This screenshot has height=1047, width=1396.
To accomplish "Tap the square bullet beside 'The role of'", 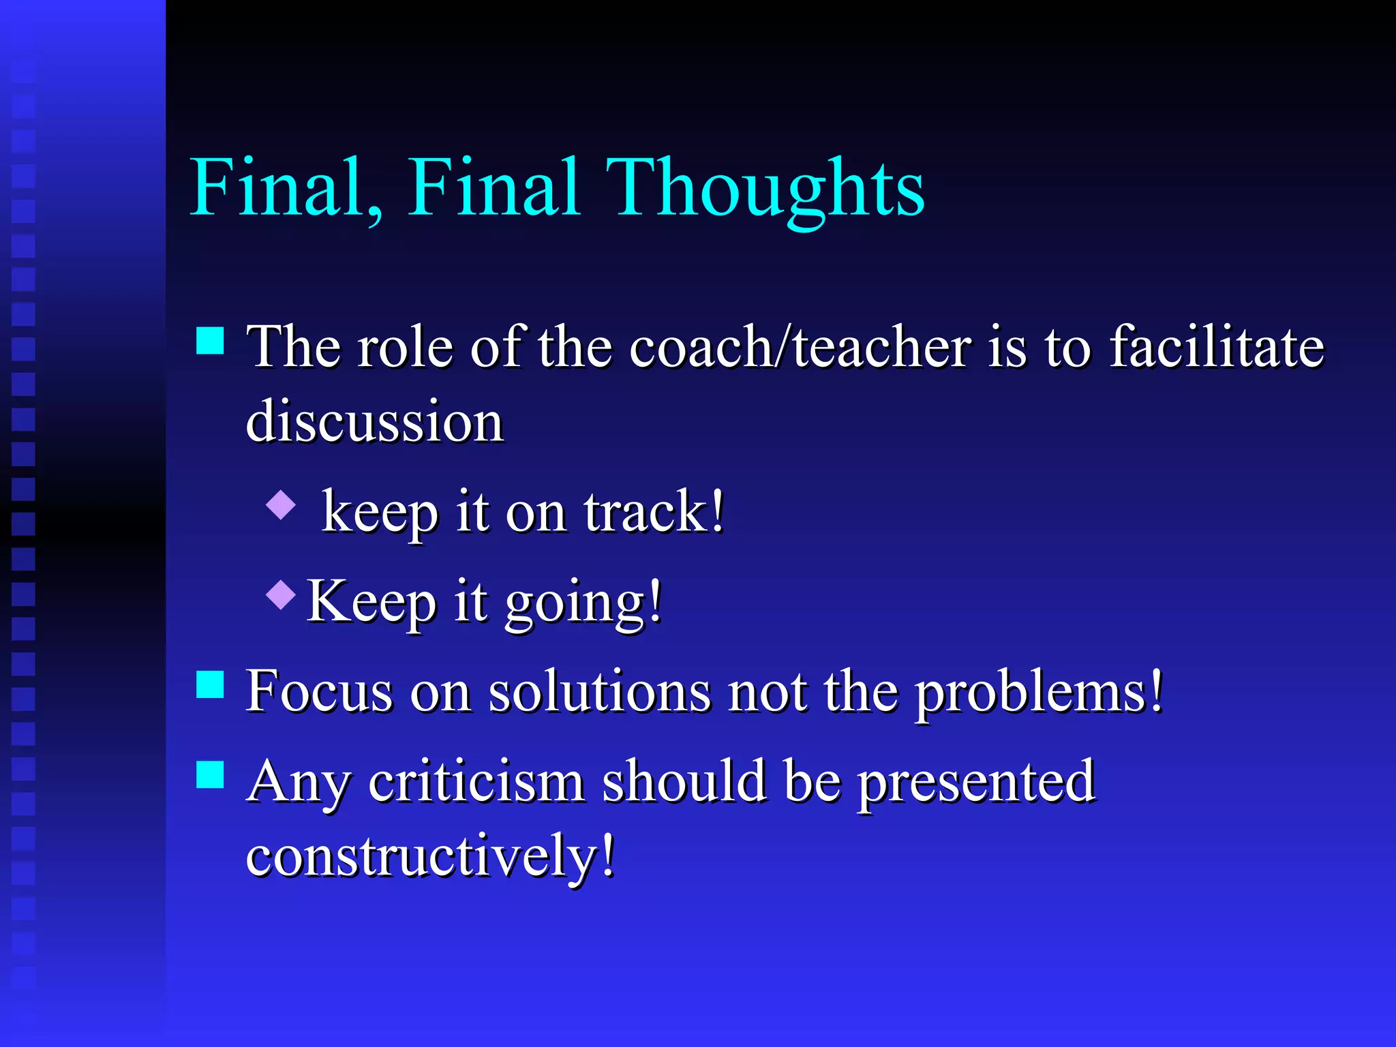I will point(210,340).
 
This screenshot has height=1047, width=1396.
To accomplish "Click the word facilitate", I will point(1217,347).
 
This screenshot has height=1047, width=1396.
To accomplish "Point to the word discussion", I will point(374,422).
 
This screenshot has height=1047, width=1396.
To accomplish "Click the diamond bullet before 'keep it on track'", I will point(281,505).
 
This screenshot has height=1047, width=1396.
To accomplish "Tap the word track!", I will point(654,512).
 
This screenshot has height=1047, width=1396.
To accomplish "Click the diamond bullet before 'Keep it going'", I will point(281,594).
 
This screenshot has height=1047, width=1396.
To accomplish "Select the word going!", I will point(583,603).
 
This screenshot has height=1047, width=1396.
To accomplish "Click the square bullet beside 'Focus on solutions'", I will point(210,684).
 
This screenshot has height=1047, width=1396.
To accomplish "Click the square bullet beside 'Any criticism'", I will point(210,774).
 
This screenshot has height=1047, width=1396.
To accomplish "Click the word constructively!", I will point(430,856).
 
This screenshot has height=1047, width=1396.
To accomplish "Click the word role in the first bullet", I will point(405,347).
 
